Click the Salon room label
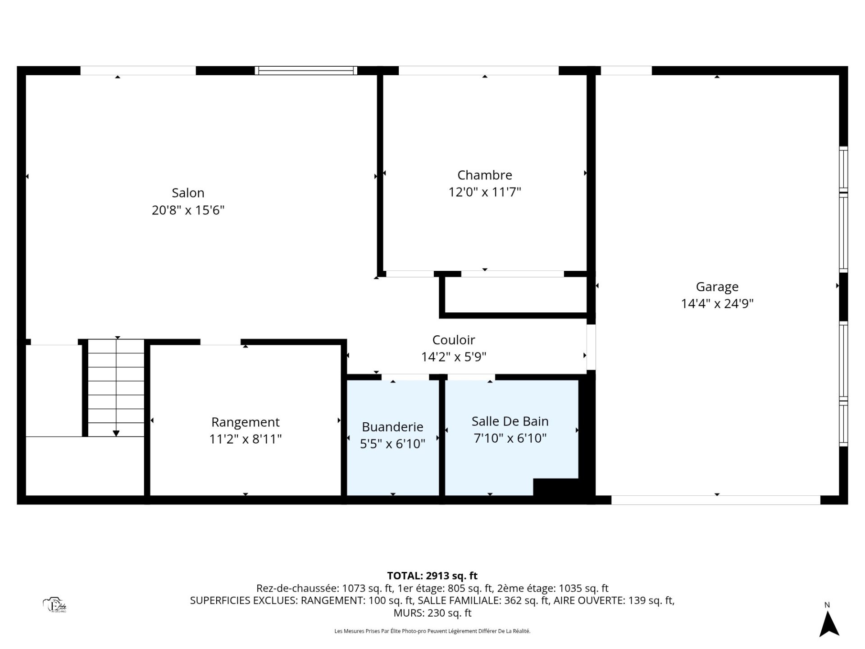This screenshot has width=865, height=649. pos(188,193)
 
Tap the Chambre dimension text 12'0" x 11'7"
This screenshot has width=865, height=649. pos(485,192)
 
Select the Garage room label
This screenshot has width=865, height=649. pos(717,287)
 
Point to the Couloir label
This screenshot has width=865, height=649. pos(454,340)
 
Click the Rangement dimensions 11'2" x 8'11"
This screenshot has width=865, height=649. pos(246,439)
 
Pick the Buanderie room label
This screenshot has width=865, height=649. pos(392,427)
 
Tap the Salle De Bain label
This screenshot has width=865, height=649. pos(510,421)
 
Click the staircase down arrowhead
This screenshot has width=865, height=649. pos(116,434)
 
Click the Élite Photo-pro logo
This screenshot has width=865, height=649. pos(55,605)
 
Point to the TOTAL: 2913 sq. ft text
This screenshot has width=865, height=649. pos(432,576)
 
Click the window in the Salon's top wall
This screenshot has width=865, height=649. pos(306,70)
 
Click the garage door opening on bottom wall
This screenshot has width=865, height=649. pos(716,500)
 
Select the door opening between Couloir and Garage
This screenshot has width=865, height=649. pos(591,347)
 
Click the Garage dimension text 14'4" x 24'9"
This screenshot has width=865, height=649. pos(717,304)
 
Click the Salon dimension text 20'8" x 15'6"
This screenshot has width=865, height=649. pos(188,210)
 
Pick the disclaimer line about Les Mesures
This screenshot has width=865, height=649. pos(432,631)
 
